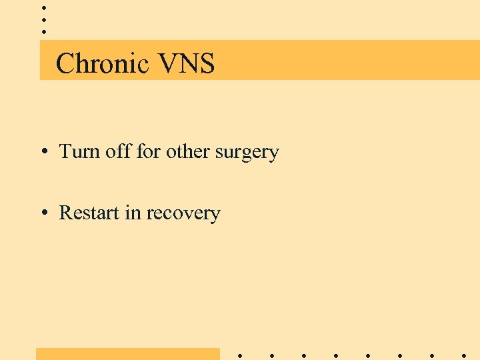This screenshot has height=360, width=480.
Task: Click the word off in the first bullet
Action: click(x=118, y=152)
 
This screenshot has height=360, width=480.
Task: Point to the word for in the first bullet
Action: click(x=148, y=152)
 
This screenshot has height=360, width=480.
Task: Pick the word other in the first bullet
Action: click(x=187, y=152)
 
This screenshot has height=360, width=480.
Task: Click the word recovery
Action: click(x=183, y=214)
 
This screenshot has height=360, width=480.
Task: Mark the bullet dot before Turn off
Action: click(x=43, y=153)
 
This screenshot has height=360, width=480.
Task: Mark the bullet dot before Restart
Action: click(x=43, y=213)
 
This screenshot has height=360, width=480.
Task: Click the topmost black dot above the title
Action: click(x=43, y=7)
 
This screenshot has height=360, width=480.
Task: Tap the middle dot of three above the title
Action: click(x=43, y=19)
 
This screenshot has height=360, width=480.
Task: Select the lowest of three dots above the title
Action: click(x=43, y=31)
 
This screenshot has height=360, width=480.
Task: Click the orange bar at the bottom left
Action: click(x=127, y=353)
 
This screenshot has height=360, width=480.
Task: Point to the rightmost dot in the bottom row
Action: click(x=464, y=355)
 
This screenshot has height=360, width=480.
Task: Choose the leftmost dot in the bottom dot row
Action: click(x=240, y=355)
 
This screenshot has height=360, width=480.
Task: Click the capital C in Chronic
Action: click(x=65, y=64)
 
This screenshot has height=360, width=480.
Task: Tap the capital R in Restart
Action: click(x=65, y=213)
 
